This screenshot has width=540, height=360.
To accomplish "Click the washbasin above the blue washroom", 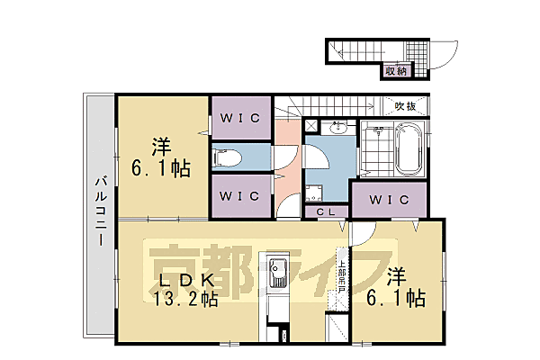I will click(340, 126).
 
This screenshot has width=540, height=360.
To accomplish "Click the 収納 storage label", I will click(396, 70).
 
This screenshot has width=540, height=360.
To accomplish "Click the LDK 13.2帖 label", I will click(184, 287).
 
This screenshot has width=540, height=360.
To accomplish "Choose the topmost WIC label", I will click(238, 117).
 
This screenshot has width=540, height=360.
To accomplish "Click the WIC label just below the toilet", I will click(238, 195).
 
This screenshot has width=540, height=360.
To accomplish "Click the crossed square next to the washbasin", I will click(311, 127).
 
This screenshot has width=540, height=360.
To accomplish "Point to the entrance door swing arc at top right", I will click(444, 56).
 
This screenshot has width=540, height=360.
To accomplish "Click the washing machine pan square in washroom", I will click(316, 192).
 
